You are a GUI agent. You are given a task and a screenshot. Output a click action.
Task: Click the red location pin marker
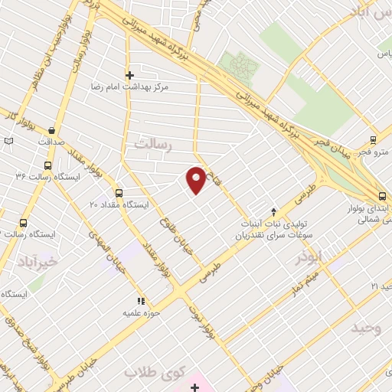tap(196, 179)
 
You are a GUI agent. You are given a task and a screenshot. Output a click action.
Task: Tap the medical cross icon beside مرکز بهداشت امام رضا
tap(129, 75)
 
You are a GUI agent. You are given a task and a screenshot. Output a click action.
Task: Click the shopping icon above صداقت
tap(51, 131)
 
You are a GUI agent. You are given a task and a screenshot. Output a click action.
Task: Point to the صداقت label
tap(47, 143)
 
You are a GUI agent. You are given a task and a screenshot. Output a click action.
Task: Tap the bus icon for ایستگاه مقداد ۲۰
tap(118, 193)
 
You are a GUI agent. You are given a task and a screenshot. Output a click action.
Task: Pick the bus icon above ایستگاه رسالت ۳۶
tap(48, 165)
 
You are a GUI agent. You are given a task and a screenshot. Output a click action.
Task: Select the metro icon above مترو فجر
tap(373, 139)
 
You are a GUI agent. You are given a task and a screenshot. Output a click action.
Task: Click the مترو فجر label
tap(374, 152)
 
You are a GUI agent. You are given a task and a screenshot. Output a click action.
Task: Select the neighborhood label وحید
tap(367, 328)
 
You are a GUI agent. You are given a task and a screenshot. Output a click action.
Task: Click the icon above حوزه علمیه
tap(140, 301)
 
